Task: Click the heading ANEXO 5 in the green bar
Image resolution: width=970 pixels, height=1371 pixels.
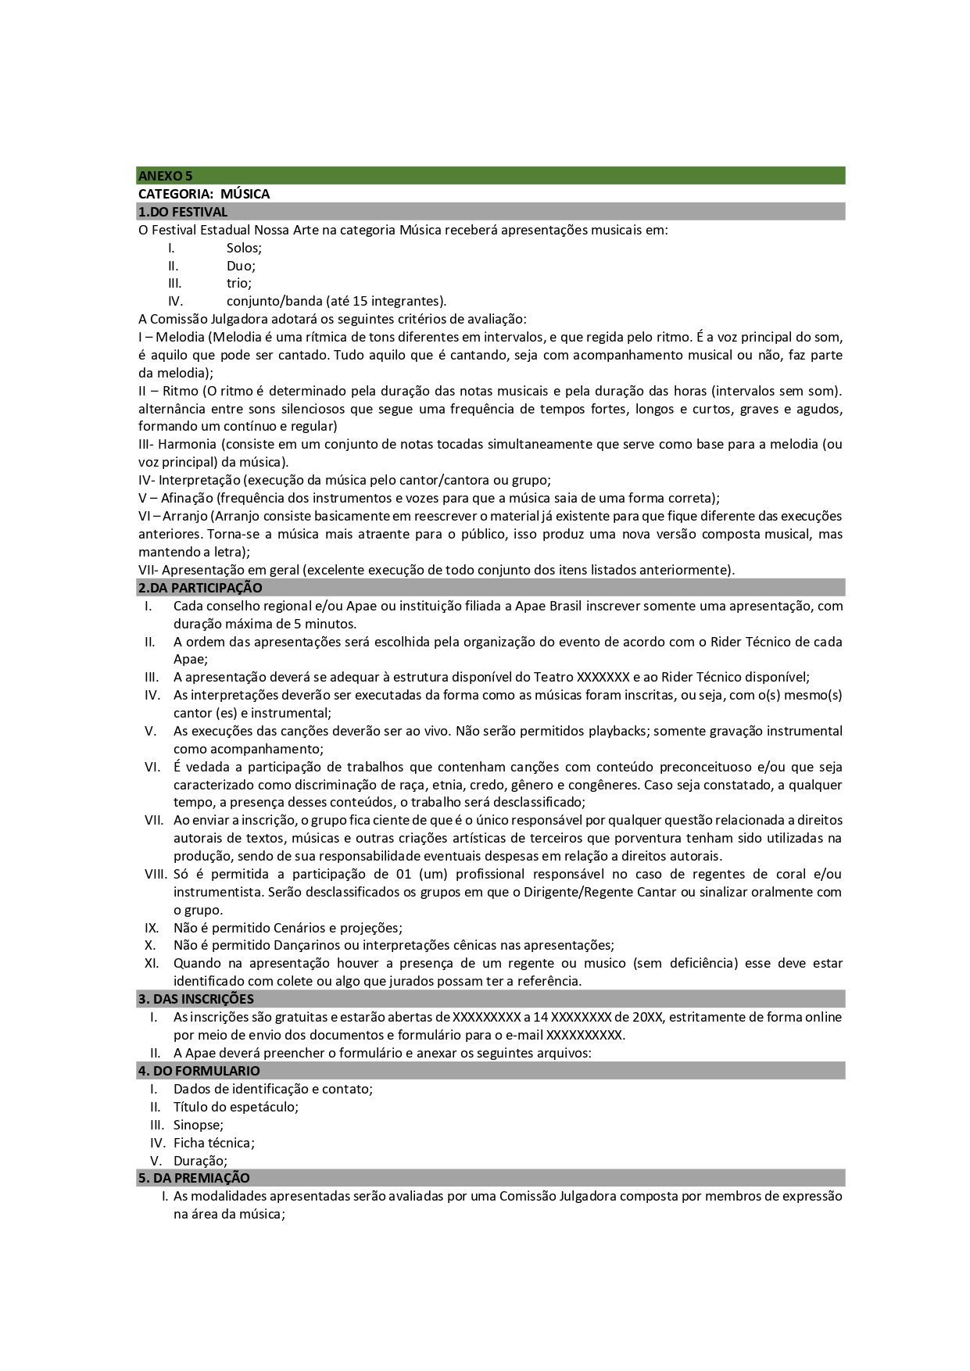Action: (x=165, y=176)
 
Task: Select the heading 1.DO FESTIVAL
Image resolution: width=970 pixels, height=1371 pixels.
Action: (x=183, y=212)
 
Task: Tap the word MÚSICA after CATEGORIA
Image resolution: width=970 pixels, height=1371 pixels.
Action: (x=245, y=194)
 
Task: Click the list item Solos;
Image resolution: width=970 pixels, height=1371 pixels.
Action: (x=244, y=248)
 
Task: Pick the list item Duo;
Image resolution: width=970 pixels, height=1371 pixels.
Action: (x=241, y=266)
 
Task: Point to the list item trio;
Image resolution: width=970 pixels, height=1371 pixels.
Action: (x=239, y=283)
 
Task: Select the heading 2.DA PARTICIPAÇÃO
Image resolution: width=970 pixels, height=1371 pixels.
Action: (x=200, y=588)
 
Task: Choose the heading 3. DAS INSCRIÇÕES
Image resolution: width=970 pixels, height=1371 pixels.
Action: (x=195, y=999)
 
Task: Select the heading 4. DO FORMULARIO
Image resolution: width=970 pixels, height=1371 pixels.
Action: (x=199, y=1071)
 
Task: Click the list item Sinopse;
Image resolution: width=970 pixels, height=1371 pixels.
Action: (x=199, y=1125)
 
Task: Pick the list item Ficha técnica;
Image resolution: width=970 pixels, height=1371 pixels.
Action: (x=214, y=1143)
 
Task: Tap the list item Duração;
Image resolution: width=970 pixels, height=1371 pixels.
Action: (x=200, y=1161)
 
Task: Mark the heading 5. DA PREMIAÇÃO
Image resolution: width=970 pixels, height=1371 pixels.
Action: (x=194, y=1178)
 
